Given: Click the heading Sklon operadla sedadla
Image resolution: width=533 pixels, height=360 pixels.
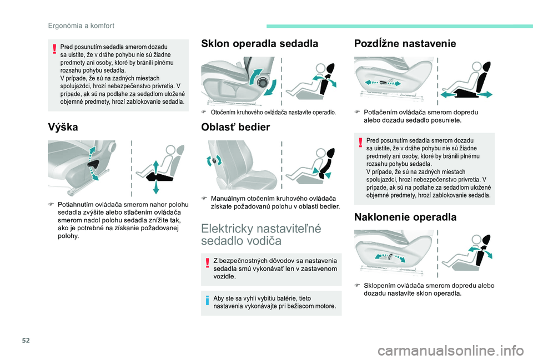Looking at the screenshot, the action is pos(260,43).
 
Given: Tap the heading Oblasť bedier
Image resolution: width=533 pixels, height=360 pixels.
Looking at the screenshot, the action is pos(235,127).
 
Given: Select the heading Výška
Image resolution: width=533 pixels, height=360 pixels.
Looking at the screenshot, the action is pos(63,127).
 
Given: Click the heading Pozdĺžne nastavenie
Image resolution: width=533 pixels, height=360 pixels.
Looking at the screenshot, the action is pos(405,43).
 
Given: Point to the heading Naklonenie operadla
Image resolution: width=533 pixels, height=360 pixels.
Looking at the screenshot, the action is pos(405,217).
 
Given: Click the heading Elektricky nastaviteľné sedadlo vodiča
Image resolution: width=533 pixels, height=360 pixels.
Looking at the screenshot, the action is pos(261,235).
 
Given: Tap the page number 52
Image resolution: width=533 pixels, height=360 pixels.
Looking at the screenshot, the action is pos(26,340).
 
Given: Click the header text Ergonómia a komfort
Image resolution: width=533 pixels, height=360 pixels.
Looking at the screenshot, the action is pos(81,26).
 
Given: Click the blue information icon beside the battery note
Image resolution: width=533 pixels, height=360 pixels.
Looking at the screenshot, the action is pos(207,300).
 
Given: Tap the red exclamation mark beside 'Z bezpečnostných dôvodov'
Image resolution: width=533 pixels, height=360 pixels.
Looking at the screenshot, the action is pos(207,263).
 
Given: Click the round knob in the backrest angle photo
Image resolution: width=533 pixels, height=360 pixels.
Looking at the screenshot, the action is pos(263,82).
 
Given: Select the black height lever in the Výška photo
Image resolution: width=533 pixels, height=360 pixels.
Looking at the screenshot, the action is pos(93,164).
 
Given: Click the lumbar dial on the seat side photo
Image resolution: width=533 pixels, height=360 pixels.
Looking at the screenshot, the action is pos(214,160).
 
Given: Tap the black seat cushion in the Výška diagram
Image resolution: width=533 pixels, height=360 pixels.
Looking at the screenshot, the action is pos(160,176).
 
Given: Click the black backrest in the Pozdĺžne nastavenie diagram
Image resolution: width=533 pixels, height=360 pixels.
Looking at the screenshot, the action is pos(484,76).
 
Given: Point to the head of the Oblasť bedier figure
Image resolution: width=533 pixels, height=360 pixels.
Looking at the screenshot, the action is pos(320,154).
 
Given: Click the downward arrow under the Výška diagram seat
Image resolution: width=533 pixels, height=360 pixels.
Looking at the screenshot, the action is pos(155,187).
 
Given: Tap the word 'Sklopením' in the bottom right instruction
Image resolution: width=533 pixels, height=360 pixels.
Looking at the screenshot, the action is pos(377,286).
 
